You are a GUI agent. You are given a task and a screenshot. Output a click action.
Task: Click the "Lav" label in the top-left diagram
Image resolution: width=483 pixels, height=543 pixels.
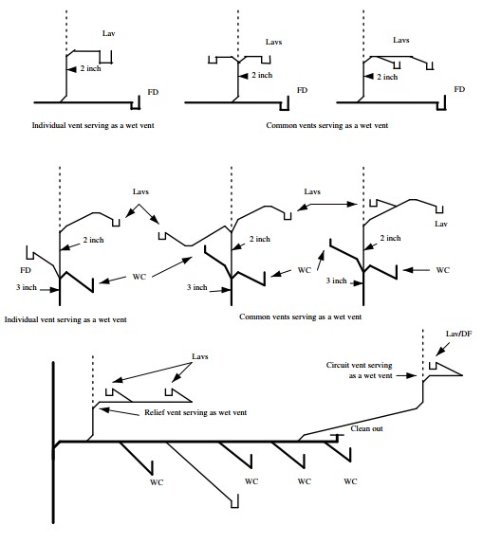tap(108, 32)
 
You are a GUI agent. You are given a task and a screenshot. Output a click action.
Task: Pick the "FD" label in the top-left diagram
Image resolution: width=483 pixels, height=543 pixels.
tap(154, 92)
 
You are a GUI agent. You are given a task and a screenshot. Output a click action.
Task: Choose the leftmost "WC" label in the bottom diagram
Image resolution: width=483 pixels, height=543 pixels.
tap(157, 481)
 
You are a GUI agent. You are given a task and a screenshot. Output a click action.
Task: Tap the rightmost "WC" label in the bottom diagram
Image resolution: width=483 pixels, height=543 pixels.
tap(350, 481)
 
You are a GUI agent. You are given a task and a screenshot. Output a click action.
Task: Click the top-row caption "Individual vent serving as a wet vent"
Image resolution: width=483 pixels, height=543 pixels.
tap(92, 124)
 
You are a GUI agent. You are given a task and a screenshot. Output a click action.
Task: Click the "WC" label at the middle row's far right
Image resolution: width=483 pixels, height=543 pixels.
tap(442, 271)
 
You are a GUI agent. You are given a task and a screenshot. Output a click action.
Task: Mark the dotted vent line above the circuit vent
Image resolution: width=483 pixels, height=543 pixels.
tap(421, 351)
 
